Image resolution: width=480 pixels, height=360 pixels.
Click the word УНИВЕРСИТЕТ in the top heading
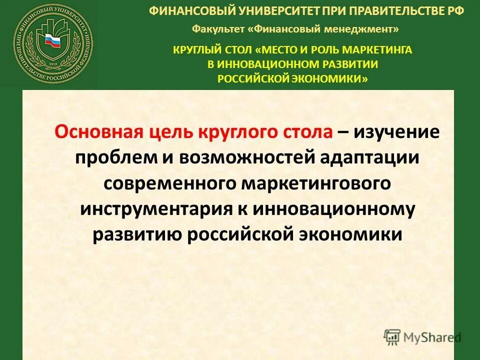[258, 10]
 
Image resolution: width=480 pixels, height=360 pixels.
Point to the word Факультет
[218, 29]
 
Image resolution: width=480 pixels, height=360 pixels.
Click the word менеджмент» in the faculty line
[369, 29]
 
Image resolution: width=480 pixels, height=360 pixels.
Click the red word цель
[166, 132]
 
